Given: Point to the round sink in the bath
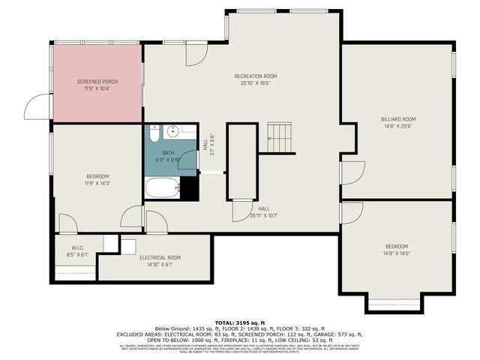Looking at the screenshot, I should (x=172, y=131).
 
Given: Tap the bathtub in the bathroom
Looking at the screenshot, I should (x=162, y=187).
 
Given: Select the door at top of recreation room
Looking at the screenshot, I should (x=196, y=52).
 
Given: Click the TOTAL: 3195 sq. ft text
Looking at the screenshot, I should (x=240, y=321).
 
